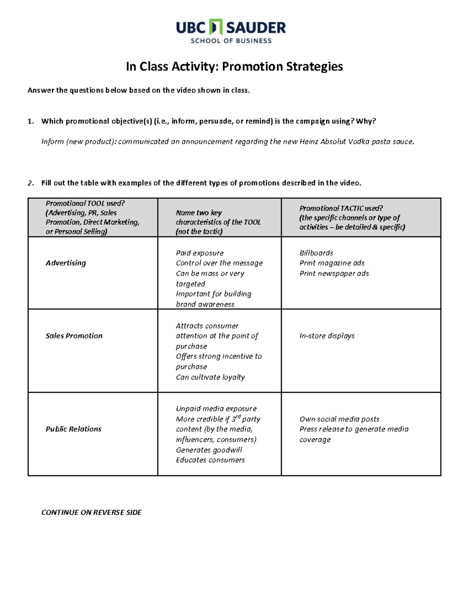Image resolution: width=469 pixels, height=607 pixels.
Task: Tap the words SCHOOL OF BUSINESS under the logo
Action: [x=231, y=41]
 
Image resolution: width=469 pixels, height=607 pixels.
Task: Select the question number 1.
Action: [x=30, y=121]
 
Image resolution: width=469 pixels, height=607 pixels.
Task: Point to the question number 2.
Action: [x=30, y=183]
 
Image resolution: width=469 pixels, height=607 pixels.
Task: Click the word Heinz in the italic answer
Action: [x=309, y=141]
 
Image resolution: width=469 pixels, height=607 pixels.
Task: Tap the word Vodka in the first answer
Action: [x=358, y=141]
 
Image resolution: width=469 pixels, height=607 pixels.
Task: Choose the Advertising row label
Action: [x=66, y=263]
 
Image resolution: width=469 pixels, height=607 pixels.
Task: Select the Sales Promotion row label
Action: [x=74, y=336]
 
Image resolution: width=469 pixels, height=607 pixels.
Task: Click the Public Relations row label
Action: [x=73, y=429]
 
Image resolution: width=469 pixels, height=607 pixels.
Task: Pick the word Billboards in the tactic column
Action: [x=316, y=253]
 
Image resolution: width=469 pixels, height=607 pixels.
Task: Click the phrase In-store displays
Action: [x=327, y=336]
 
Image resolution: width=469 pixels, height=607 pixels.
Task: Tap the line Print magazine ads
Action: [x=332, y=263]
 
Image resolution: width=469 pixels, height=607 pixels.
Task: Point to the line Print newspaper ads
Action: [x=334, y=273]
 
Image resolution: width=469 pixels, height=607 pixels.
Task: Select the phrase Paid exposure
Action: [x=200, y=253]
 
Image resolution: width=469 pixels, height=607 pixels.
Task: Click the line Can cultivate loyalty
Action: [x=210, y=377]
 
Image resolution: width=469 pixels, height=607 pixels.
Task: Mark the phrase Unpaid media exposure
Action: [x=216, y=408]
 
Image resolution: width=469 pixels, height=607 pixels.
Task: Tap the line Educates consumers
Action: [x=210, y=460]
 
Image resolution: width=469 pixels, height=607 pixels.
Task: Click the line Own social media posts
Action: [x=339, y=419]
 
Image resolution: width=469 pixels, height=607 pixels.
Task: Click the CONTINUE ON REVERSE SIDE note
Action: [x=91, y=512]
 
